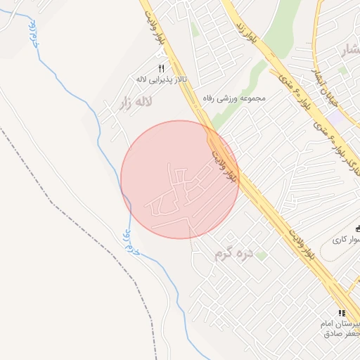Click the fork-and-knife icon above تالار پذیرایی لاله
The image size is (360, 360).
click(161, 68)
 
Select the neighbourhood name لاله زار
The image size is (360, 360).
click(136, 103)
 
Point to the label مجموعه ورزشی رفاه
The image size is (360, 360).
click(233, 98)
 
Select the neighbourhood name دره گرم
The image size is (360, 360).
click(233, 252)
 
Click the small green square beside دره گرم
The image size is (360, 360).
click(261, 255)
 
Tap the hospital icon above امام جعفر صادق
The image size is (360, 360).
click(342, 313)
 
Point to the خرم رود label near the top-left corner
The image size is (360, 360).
click(32, 33)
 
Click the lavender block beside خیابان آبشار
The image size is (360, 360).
click(338, 118)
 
